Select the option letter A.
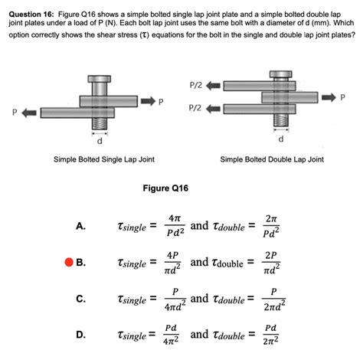pos(81,226)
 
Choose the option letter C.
pos(81,299)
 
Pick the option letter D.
pos(81,335)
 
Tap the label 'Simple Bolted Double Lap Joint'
pos(272,159)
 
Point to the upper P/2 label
pos(195,84)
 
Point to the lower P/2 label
pos(195,108)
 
